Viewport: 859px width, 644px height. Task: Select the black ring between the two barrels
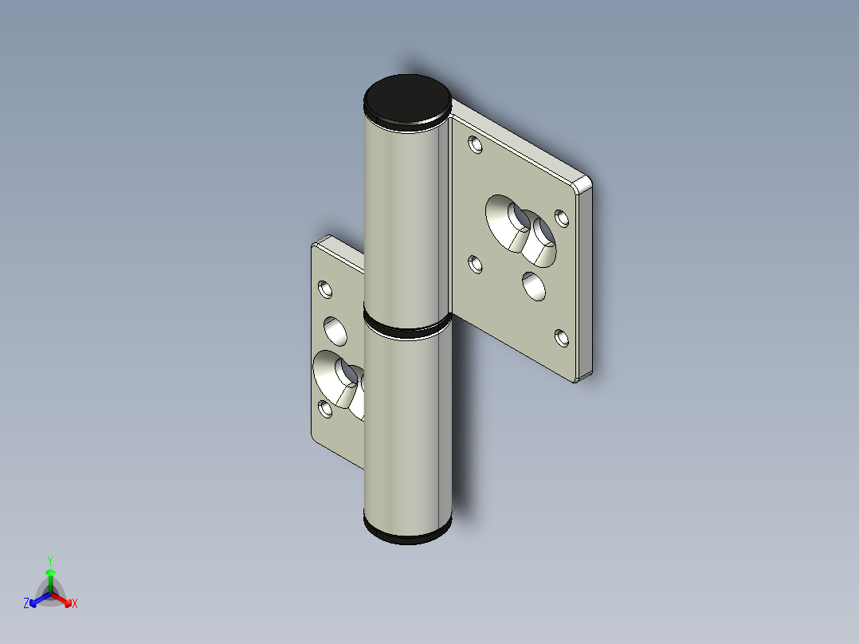coord(406,327)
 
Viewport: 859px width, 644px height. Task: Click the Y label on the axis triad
coord(50,560)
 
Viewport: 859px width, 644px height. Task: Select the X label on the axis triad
coord(74,604)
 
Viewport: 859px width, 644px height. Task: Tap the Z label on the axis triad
coord(26,604)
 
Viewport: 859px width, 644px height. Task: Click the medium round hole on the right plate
coord(533,286)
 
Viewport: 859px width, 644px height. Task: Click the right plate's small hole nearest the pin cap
coord(476,145)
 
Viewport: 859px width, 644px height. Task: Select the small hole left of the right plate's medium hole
coord(475,264)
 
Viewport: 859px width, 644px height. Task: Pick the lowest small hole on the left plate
coord(325,410)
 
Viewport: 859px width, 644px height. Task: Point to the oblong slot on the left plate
coord(339,379)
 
